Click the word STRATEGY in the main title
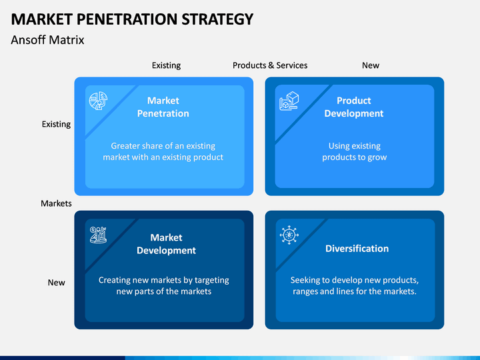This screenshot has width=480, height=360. coord(217,19)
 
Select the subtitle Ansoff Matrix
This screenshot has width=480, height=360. coord(47,40)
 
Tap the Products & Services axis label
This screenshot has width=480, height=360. coord(270,65)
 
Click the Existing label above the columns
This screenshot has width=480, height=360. coord(166,65)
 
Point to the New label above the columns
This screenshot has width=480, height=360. coord(371,65)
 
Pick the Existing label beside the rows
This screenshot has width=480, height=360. coord(56,124)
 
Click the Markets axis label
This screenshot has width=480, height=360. coord(56,203)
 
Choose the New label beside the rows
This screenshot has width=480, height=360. coord(56,282)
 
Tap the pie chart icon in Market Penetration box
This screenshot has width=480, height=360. coord(98,101)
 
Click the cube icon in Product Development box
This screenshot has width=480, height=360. coord(289,101)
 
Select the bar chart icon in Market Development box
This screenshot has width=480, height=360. coord(98,235)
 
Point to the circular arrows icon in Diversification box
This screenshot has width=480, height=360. coord(289,235)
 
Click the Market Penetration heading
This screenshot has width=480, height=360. coord(163,107)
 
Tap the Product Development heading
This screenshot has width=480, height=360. coord(354,107)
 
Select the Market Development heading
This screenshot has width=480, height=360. coord(166,244)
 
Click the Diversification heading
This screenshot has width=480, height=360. coord(357,249)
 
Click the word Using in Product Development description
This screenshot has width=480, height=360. coord(337,146)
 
